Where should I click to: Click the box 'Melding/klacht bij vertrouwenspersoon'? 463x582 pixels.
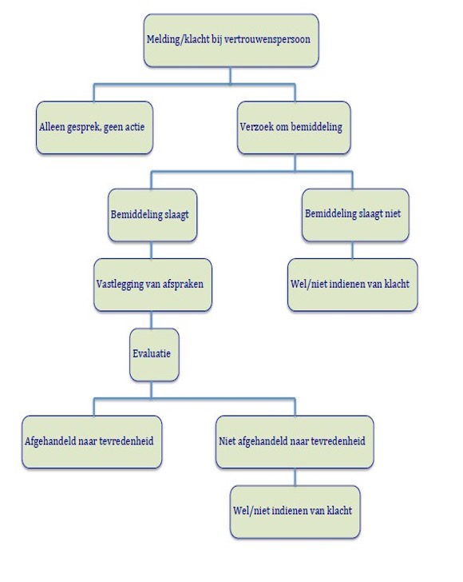pyautogui.click(x=231, y=41)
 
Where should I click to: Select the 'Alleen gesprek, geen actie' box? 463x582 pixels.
pyautogui.click(x=94, y=128)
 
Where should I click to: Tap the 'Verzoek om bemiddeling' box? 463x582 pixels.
pyautogui.click(x=294, y=128)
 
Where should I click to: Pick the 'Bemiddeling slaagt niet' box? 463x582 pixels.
pyautogui.click(x=355, y=215)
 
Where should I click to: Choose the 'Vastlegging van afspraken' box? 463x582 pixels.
pyautogui.click(x=152, y=285)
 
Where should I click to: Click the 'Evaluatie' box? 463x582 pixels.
pyautogui.click(x=154, y=354)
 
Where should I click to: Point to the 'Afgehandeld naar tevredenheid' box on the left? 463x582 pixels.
pyautogui.click(x=92, y=441)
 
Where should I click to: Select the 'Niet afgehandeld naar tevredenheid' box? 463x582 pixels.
pyautogui.click(x=295, y=441)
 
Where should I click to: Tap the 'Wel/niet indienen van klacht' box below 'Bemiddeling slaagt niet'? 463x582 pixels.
pyautogui.click(x=353, y=285)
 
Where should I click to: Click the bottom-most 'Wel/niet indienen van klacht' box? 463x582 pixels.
pyautogui.click(x=295, y=512)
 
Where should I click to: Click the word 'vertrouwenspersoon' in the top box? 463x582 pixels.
pyautogui.click(x=267, y=39)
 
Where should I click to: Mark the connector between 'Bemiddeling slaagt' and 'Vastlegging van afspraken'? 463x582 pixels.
pyautogui.click(x=151, y=250)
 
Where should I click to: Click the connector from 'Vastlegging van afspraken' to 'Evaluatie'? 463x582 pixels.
pyautogui.click(x=151, y=320)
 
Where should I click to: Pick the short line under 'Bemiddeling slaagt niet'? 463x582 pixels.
pyautogui.click(x=352, y=250)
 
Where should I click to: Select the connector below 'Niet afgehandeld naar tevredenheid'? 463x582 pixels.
pyautogui.click(x=295, y=477)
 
